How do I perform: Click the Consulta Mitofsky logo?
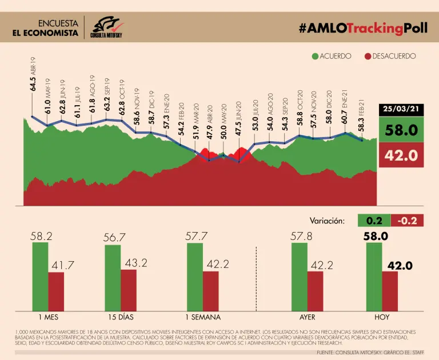(x=107, y=27)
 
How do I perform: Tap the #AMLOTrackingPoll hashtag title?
(x=359, y=28)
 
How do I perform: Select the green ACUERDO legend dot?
(x=315, y=56)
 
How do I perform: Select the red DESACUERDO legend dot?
(x=367, y=56)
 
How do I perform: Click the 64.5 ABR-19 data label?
(x=33, y=75)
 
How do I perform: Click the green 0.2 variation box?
(x=374, y=220)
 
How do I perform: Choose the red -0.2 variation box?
(x=407, y=220)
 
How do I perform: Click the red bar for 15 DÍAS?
(x=128, y=290)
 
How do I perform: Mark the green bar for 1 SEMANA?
(x=195, y=277)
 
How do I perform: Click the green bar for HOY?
(x=374, y=277)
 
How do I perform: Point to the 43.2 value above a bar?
(x=135, y=262)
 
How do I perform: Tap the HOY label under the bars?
(x=382, y=317)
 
